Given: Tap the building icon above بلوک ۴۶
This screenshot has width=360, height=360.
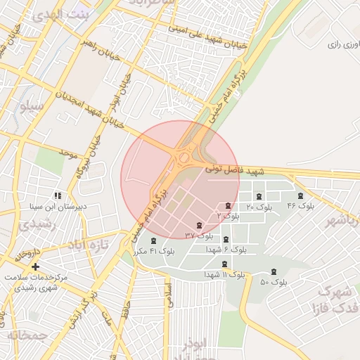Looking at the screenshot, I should coord(301,195).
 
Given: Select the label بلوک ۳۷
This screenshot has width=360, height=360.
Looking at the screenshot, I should coord(199,235).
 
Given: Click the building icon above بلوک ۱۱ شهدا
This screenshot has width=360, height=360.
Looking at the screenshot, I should coord(224,264).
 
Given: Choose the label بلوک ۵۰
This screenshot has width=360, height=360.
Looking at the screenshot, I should coord(274,283).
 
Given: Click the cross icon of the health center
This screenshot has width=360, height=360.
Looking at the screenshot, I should coord(35,266).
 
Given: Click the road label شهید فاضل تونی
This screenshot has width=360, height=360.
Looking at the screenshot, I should coord(234,170).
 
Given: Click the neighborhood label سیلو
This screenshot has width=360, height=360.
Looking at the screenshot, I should coord(32,107).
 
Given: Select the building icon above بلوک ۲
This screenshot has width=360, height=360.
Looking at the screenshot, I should coord(228,205).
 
